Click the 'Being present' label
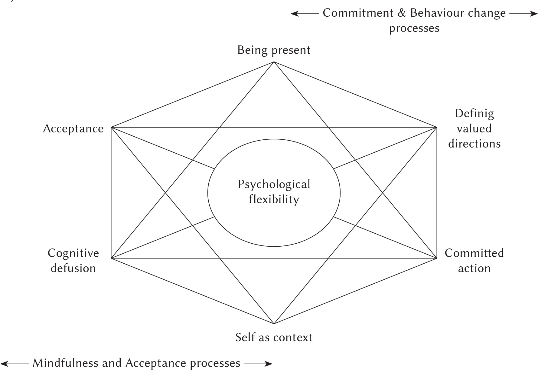(x=274, y=50)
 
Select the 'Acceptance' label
(x=73, y=129)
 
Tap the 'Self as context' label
(x=274, y=337)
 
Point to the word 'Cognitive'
(x=73, y=253)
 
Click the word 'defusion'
(x=73, y=268)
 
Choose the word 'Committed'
(x=474, y=253)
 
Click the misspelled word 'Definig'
(x=474, y=114)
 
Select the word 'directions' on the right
(x=474, y=144)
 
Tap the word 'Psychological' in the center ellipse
(x=274, y=185)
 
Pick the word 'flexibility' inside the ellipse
(x=274, y=199)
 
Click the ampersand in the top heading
(x=402, y=13)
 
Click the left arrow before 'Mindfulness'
(x=17, y=364)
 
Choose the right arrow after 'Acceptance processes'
(x=258, y=364)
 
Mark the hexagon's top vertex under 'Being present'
(x=274, y=62)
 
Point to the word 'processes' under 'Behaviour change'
(x=414, y=28)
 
